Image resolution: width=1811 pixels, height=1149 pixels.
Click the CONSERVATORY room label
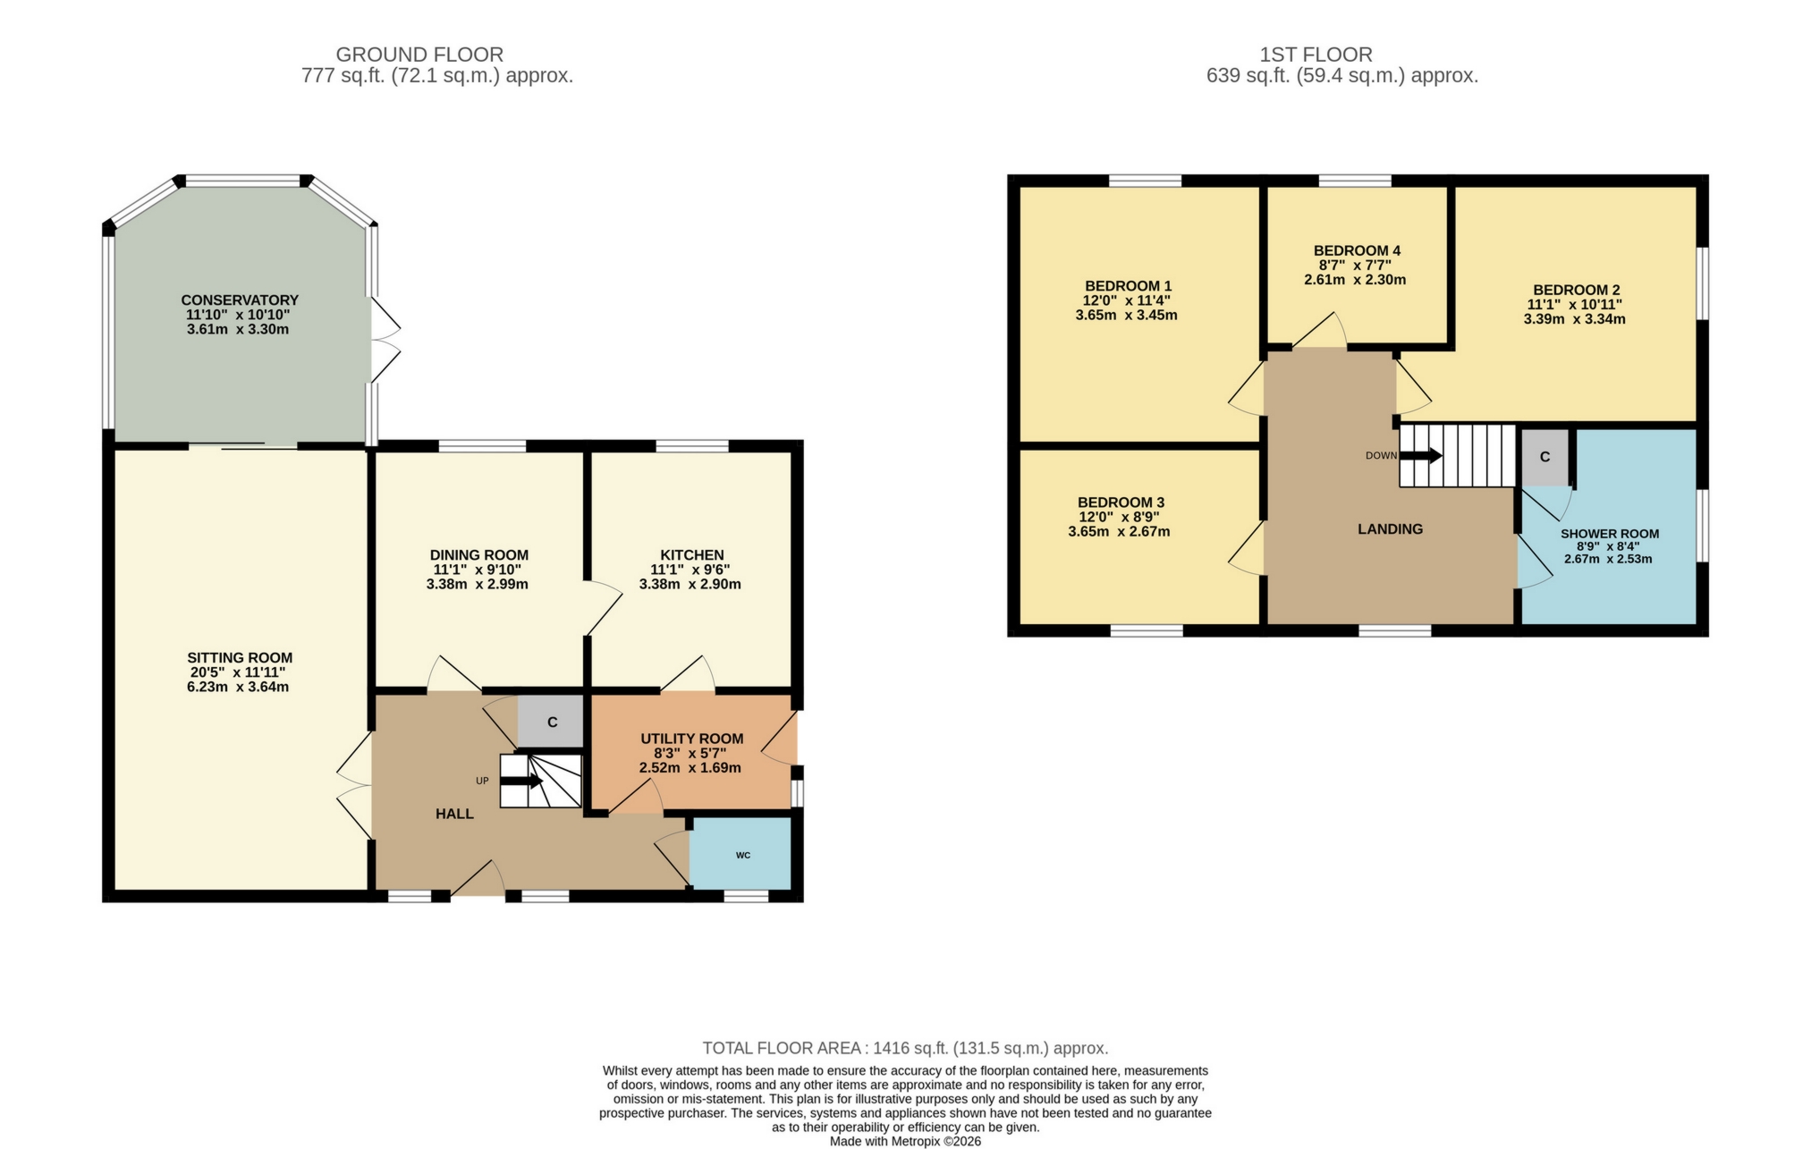coord(239,300)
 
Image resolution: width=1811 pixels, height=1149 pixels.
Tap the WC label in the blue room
coord(742,856)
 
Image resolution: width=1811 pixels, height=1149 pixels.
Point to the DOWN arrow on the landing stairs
coord(1421,456)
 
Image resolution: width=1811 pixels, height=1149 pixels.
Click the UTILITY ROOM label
coord(691,739)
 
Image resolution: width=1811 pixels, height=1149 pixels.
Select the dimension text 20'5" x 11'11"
coord(239,672)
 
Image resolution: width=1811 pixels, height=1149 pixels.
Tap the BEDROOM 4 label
coord(1356,250)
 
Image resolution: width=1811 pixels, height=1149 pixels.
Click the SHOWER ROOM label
coord(1609,534)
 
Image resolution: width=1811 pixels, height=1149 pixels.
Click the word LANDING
coord(1390,529)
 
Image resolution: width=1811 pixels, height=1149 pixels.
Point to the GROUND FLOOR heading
coord(419,55)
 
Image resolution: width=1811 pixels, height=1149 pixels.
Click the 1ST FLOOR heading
coord(1315,55)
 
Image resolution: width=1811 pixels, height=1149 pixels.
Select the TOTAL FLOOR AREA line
coord(905,1048)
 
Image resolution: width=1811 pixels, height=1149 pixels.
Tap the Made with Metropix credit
coord(905,1142)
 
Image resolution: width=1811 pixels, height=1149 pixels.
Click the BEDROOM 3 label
coord(1121,503)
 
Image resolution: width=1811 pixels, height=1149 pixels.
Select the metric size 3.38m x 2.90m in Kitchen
coord(690,585)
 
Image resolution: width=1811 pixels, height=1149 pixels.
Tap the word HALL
coord(454,814)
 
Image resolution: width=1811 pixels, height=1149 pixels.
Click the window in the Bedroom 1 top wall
coord(1145,182)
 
